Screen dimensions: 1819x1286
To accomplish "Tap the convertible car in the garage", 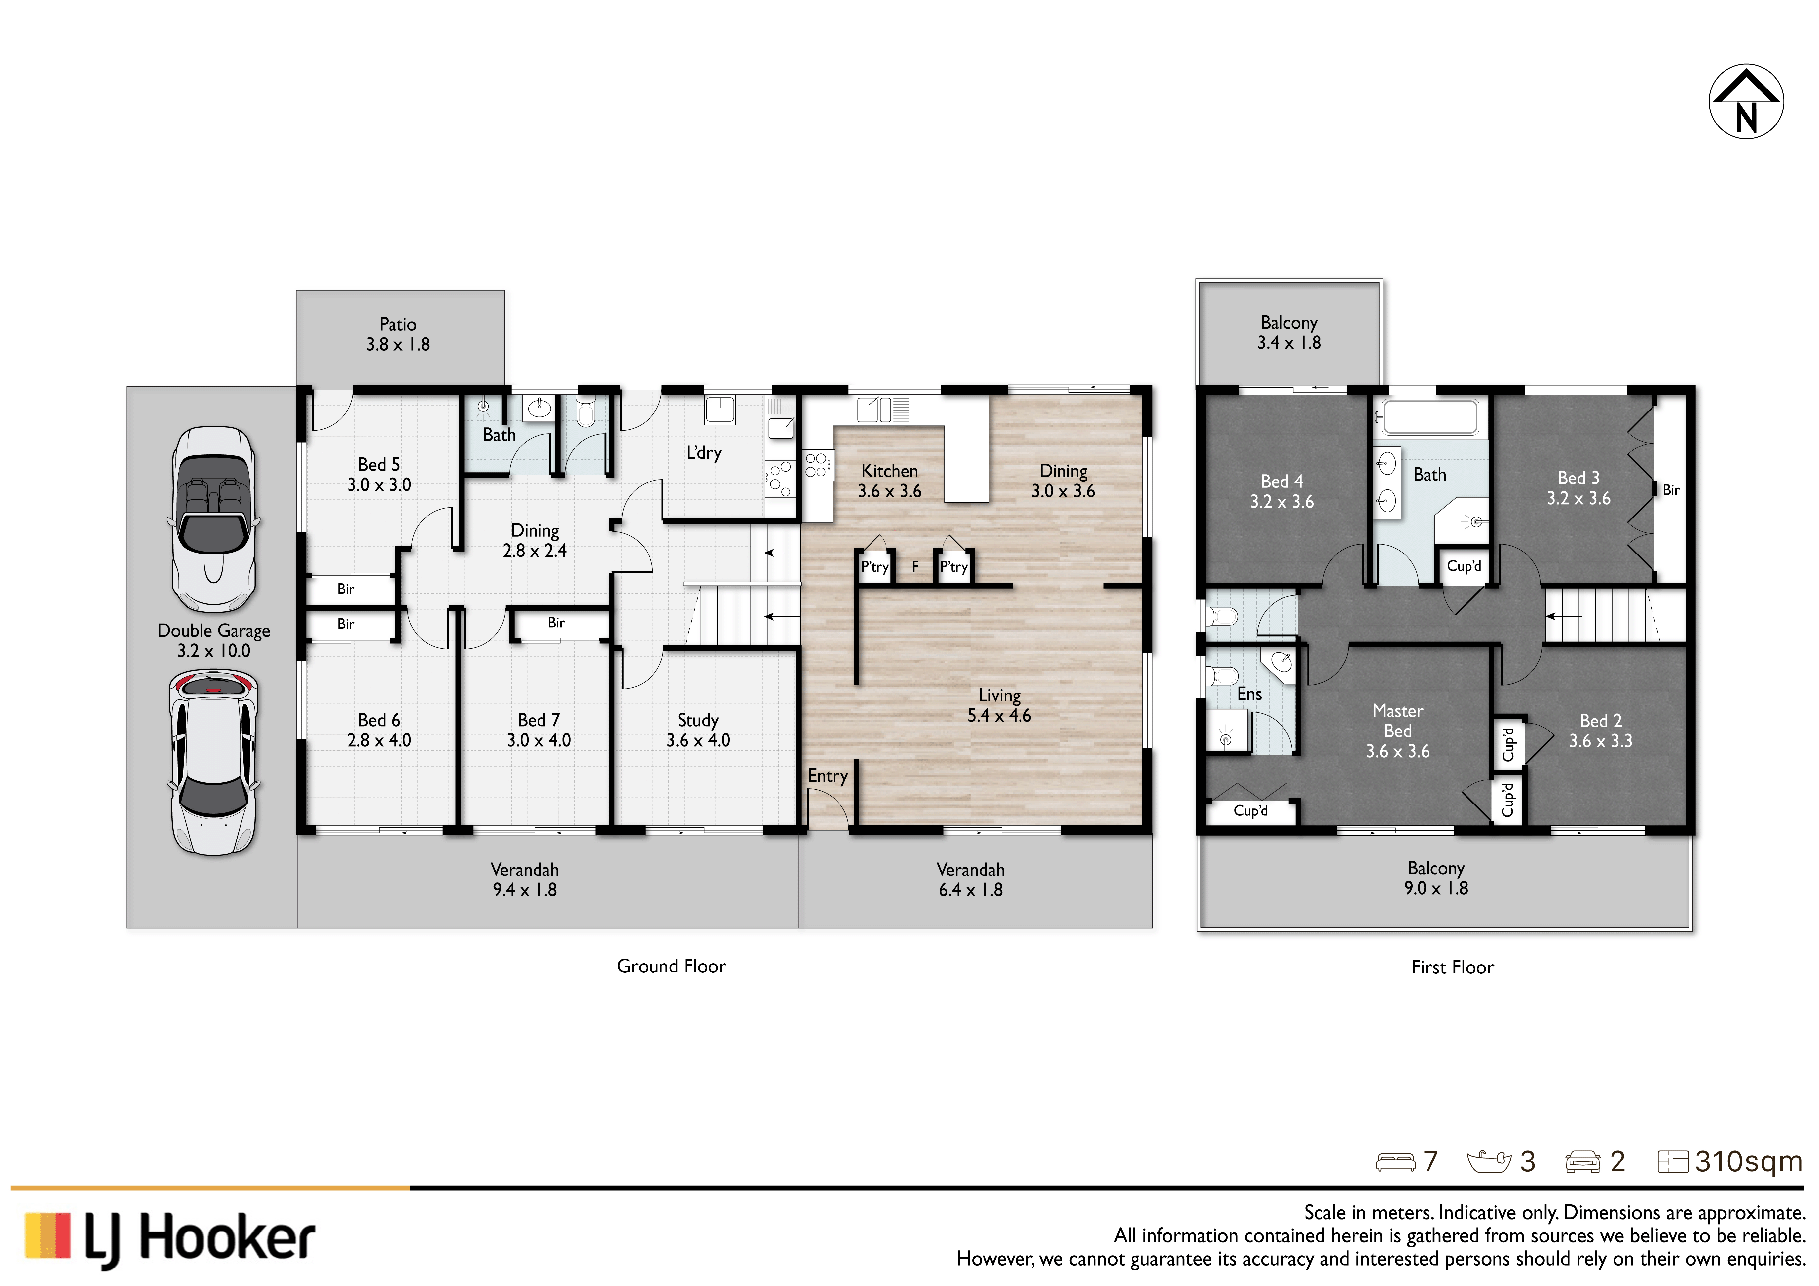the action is pos(214,519).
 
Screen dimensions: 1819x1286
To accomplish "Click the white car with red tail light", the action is pos(214,763).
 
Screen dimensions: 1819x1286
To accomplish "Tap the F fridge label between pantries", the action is pos(915,566).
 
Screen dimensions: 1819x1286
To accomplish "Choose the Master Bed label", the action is pos(1397,721).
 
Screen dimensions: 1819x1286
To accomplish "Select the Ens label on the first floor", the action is pos(1249,694).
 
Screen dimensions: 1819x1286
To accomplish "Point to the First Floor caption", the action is pos(1452,967).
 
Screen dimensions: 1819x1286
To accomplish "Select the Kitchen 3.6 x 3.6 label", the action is pos(890,481).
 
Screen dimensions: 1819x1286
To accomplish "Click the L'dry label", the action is pos(703,453).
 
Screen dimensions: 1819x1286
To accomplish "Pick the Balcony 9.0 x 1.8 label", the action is pos(1435,878).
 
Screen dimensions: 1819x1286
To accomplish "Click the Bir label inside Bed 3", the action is pos(1671,490).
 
